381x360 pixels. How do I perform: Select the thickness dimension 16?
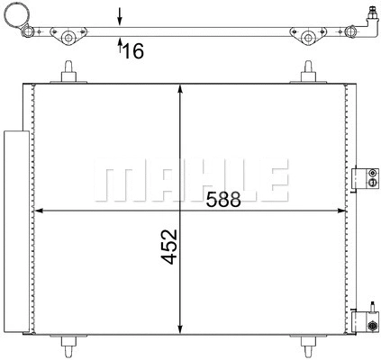pyautogui.click(x=132, y=51)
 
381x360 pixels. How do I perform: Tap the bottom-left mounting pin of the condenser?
pyautogui.click(x=68, y=346)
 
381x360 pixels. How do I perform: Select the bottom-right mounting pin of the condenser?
pyautogui.click(x=310, y=346)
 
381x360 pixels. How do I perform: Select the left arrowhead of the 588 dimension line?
pyautogui.click(x=41, y=212)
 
